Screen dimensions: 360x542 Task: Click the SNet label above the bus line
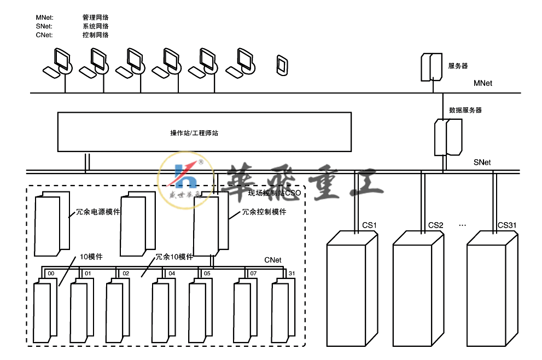482,162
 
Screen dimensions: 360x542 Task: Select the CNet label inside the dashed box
272,260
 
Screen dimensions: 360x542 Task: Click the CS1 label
369,225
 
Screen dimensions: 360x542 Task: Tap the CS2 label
435,225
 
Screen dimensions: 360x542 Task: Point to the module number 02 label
126,272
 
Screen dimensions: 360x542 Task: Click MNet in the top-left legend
44,18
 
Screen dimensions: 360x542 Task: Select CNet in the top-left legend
44,34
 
